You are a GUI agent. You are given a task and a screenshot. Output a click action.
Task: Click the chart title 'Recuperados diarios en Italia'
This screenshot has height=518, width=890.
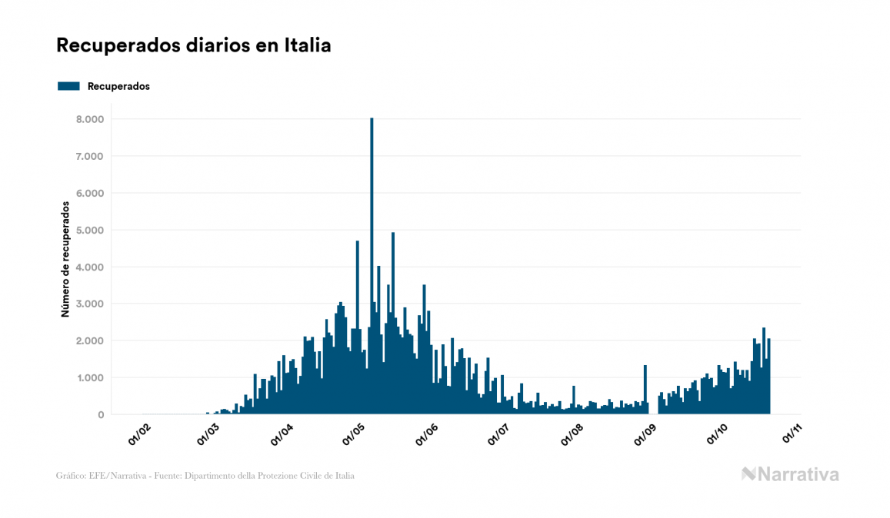point(193,45)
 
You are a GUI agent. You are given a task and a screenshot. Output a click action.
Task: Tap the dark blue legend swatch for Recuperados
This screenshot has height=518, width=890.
point(68,86)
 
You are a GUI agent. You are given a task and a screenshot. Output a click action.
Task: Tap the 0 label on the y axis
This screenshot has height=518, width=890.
point(100,414)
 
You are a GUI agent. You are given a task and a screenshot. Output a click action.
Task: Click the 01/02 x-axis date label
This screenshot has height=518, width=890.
point(139,433)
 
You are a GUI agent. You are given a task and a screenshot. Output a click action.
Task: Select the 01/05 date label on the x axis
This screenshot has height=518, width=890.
point(356,433)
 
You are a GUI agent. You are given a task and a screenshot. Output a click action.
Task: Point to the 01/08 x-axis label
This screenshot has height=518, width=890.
point(573,433)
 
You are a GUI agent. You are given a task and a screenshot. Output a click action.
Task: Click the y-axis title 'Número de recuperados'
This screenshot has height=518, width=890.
point(65,260)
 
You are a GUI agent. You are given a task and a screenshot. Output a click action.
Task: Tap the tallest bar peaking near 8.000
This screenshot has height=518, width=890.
point(372,231)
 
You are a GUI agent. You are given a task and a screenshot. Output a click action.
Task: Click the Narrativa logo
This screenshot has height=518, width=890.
point(790,474)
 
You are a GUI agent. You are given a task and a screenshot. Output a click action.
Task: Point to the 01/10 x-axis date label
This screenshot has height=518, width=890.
point(718,433)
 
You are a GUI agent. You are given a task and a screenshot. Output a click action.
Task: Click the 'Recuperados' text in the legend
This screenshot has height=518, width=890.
point(118,86)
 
